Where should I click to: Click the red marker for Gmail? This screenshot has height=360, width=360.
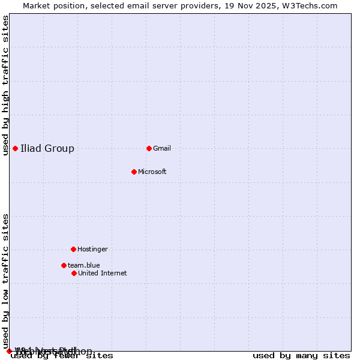click(x=149, y=148)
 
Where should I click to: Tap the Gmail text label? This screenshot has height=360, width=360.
click(x=162, y=148)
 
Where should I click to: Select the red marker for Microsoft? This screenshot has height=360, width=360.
click(x=134, y=172)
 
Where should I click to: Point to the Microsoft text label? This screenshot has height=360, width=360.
click(x=152, y=172)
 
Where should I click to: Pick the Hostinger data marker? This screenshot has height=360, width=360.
click(x=73, y=249)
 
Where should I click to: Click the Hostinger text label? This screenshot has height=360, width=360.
click(x=92, y=249)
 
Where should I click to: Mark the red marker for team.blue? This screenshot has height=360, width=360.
click(x=64, y=265)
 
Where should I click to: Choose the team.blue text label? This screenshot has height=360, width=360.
click(x=83, y=265)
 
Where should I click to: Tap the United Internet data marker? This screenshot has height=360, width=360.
click(x=74, y=273)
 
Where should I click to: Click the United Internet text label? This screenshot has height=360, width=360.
click(x=102, y=273)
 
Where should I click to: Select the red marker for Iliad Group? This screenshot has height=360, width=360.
click(x=15, y=148)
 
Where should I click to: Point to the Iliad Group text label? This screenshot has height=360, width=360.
click(x=47, y=148)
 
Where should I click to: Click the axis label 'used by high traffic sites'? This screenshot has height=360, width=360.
click(x=6, y=85)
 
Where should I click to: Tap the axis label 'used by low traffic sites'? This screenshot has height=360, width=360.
click(x=6, y=281)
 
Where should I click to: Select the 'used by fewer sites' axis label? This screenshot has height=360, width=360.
click(x=62, y=356)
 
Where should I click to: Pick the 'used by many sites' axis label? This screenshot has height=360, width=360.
click(x=301, y=356)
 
